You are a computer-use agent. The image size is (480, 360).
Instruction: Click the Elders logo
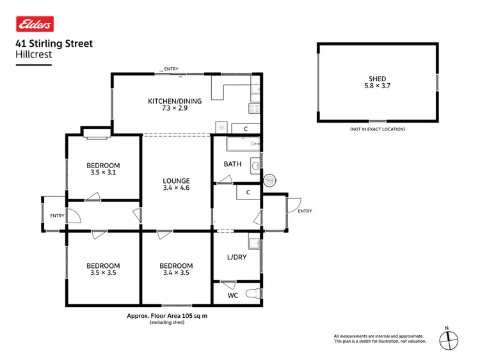34,24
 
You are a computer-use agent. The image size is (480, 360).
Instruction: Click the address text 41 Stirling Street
54,43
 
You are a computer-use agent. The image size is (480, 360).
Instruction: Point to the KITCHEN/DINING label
175,101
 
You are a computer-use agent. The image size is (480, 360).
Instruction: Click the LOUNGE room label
176,181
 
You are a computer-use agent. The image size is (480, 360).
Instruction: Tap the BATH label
232,164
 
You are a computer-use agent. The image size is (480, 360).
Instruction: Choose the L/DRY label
236,258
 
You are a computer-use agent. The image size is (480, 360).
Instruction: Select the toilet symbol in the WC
255,293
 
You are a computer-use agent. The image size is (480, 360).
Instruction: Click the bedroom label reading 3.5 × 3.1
103,173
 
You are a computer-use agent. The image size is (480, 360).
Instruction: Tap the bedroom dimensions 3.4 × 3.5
176,273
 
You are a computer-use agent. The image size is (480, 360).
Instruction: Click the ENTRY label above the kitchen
171,69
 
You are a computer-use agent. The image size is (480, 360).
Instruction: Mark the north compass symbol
448,339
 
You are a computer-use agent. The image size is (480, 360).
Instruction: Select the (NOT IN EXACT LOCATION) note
377,129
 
